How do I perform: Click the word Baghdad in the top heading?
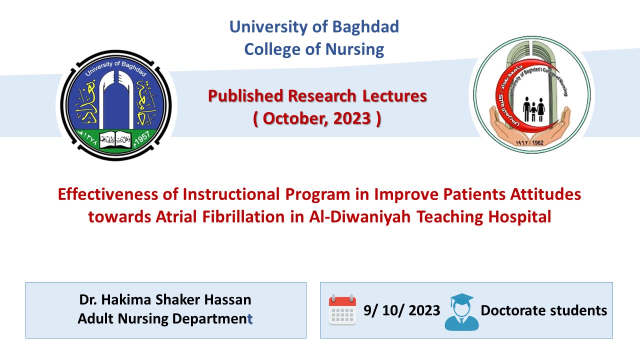click(365, 27)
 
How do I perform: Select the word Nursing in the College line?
click(354, 50)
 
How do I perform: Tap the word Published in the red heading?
click(245, 96)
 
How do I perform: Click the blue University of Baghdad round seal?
click(116, 105)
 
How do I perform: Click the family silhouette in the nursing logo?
click(533, 109)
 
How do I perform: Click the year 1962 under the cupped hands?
click(537, 142)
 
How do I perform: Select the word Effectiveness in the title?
click(108, 194)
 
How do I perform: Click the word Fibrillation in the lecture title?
click(243, 217)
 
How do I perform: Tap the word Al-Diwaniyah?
click(359, 217)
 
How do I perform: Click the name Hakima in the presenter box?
click(126, 299)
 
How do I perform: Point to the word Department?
click(213, 319)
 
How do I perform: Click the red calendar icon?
click(342, 309)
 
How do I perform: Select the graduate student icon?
click(461, 312)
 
